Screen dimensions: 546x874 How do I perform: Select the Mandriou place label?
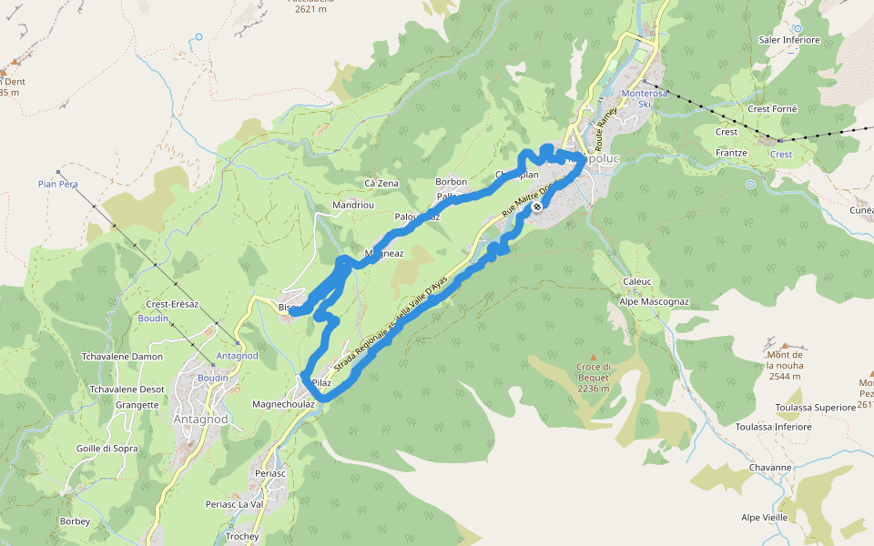point(353,206)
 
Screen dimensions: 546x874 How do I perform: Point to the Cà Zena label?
point(381,183)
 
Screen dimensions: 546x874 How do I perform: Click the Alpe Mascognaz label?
point(654,301)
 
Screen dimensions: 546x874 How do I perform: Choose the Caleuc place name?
point(637,281)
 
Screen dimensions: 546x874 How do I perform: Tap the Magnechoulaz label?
point(283,404)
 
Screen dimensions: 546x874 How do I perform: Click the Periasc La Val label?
point(234,504)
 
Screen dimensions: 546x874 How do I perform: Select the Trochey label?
point(242,537)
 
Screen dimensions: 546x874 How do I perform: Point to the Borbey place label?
point(75,521)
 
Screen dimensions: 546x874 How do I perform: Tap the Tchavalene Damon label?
point(122,357)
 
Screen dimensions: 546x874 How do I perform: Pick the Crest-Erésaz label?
point(172,304)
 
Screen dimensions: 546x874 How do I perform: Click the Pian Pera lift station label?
point(57,184)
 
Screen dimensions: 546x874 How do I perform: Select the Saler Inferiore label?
point(789,40)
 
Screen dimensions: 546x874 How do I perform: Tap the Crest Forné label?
point(772,109)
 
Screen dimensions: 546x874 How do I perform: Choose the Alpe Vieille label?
point(765,517)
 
